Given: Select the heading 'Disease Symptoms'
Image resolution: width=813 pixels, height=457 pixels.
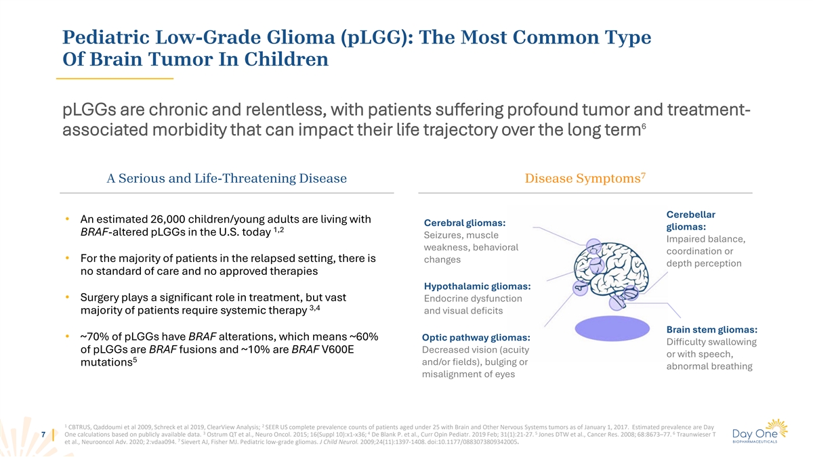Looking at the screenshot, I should click(x=581, y=179).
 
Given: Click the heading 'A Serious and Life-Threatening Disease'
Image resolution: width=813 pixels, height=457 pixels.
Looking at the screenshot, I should click(x=227, y=179).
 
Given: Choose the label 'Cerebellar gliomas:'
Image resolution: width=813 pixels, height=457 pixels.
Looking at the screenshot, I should click(x=691, y=221).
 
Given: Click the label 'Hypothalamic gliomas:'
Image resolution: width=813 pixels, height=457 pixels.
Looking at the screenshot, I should click(x=477, y=286).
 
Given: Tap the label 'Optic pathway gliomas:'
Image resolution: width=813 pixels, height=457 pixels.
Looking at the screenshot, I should click(x=476, y=337).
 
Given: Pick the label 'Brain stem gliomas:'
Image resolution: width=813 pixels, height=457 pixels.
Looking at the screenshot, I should click(x=712, y=330).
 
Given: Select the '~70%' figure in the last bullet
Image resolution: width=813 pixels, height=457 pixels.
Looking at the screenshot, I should click(x=94, y=337).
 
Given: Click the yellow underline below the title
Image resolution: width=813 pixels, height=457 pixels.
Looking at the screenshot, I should click(x=114, y=79).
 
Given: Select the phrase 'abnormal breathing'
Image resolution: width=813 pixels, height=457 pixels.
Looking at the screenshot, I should click(x=709, y=367).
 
